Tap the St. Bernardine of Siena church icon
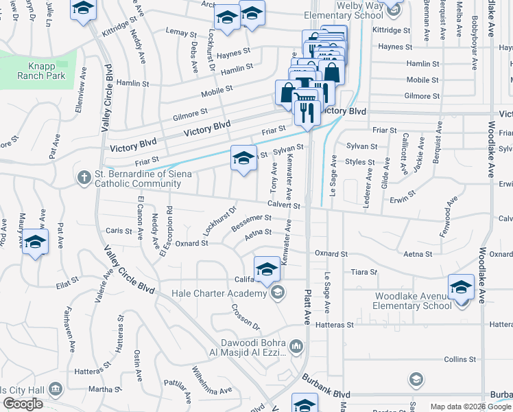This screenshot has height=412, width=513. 83,178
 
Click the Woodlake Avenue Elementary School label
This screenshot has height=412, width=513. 421,301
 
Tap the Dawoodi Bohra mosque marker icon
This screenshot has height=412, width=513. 296,345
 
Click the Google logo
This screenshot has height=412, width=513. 23,404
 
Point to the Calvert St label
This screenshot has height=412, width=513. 284,205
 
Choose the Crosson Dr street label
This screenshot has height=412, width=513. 246,317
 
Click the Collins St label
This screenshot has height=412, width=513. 460,359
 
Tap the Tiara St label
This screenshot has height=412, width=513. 364,272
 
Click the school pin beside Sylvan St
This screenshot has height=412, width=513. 243,159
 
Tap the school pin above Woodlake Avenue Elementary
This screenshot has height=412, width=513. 461,287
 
